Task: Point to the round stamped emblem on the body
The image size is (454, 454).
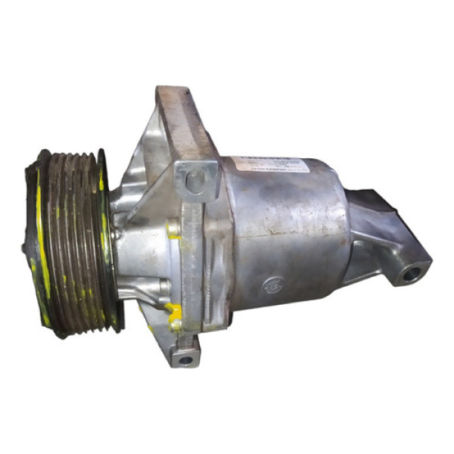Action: (269, 286)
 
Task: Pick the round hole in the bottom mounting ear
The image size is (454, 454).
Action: (185, 358)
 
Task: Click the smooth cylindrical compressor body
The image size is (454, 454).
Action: (288, 227)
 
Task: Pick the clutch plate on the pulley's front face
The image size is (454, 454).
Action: (30, 242)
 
